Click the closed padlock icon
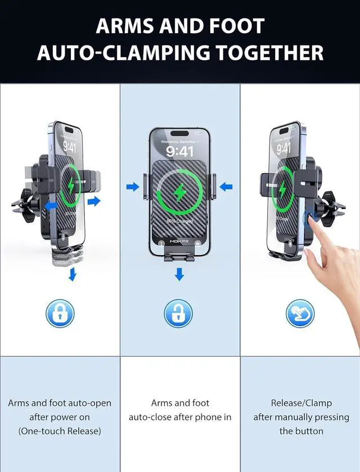(60, 314)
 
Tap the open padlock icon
(178, 314)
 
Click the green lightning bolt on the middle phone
(179, 193)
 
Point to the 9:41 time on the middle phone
(179, 152)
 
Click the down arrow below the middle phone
(179, 274)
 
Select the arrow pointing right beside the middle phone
(132, 187)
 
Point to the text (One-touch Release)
(60, 431)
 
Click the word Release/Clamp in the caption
(301, 403)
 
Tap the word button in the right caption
(309, 431)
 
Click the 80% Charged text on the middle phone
(179, 221)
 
